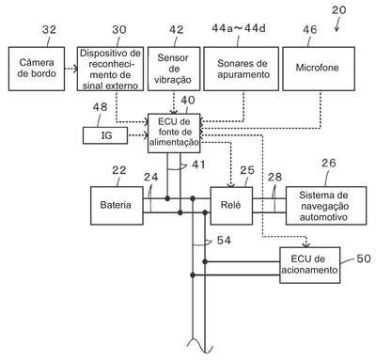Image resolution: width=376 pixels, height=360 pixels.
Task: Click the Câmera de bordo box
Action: tap(37, 69)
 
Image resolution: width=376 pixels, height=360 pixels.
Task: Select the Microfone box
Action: tap(319, 69)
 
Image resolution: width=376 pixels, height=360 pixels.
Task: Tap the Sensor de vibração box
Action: tap(174, 69)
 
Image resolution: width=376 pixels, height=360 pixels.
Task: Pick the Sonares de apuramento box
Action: tap(241, 69)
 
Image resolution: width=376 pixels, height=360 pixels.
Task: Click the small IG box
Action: tap(105, 135)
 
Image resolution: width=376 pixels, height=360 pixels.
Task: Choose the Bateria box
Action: tap(117, 206)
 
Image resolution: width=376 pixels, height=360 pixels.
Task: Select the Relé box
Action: tap(231, 206)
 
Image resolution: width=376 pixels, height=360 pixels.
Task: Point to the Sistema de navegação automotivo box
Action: tap(326, 206)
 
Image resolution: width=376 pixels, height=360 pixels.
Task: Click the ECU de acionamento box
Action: tap(309, 265)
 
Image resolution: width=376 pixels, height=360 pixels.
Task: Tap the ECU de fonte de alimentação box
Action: tap(174, 133)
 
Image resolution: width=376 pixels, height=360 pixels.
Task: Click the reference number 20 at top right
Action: tap(338, 10)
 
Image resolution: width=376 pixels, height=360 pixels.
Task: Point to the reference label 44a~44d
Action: tap(239, 28)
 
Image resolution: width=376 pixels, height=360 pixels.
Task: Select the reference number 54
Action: tap(224, 241)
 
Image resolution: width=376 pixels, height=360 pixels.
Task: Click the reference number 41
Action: tap(198, 164)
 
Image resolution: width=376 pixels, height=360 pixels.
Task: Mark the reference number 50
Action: tap(364, 258)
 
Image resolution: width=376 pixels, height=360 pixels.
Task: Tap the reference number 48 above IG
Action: tap(100, 107)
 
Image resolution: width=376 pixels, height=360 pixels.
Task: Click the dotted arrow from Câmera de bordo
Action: tap(71, 69)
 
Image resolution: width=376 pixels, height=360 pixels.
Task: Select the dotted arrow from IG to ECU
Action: tap(138, 135)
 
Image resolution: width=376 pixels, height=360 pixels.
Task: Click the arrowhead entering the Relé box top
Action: tap(231, 185)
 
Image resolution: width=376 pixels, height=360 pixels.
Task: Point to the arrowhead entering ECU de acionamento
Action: tap(306, 244)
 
